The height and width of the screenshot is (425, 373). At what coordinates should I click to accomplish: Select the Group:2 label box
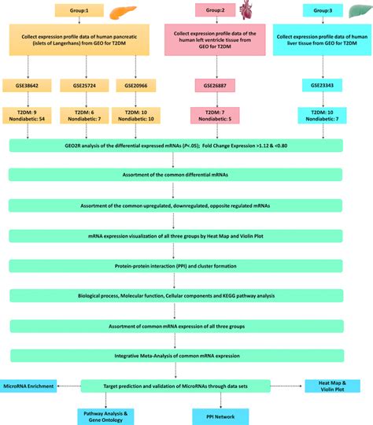pos(212,12)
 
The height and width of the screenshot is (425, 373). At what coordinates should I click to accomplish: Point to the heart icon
pos(246,11)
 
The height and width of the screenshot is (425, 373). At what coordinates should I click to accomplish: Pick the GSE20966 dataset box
pos(132,83)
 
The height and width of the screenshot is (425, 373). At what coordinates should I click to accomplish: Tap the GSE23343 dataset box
pos(321,83)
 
